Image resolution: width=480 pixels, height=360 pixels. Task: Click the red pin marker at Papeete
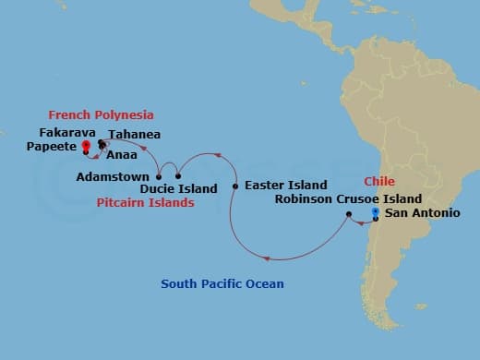86,146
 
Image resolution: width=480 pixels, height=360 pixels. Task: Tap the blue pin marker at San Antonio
375,213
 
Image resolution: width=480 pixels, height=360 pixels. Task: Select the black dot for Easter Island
235,186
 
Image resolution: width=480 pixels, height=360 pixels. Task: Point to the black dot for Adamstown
159,175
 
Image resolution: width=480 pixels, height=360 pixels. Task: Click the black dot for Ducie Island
178,175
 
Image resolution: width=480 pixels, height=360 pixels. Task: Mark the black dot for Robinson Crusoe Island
348,215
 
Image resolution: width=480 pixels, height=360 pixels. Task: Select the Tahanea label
135,134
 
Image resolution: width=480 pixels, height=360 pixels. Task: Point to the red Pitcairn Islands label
145,202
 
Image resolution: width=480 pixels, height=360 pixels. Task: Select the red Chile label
379,181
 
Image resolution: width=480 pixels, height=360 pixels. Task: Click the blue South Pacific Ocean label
222,283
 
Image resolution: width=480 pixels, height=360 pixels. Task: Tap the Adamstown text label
116,175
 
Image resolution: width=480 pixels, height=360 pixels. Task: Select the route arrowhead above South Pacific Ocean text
266,258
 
